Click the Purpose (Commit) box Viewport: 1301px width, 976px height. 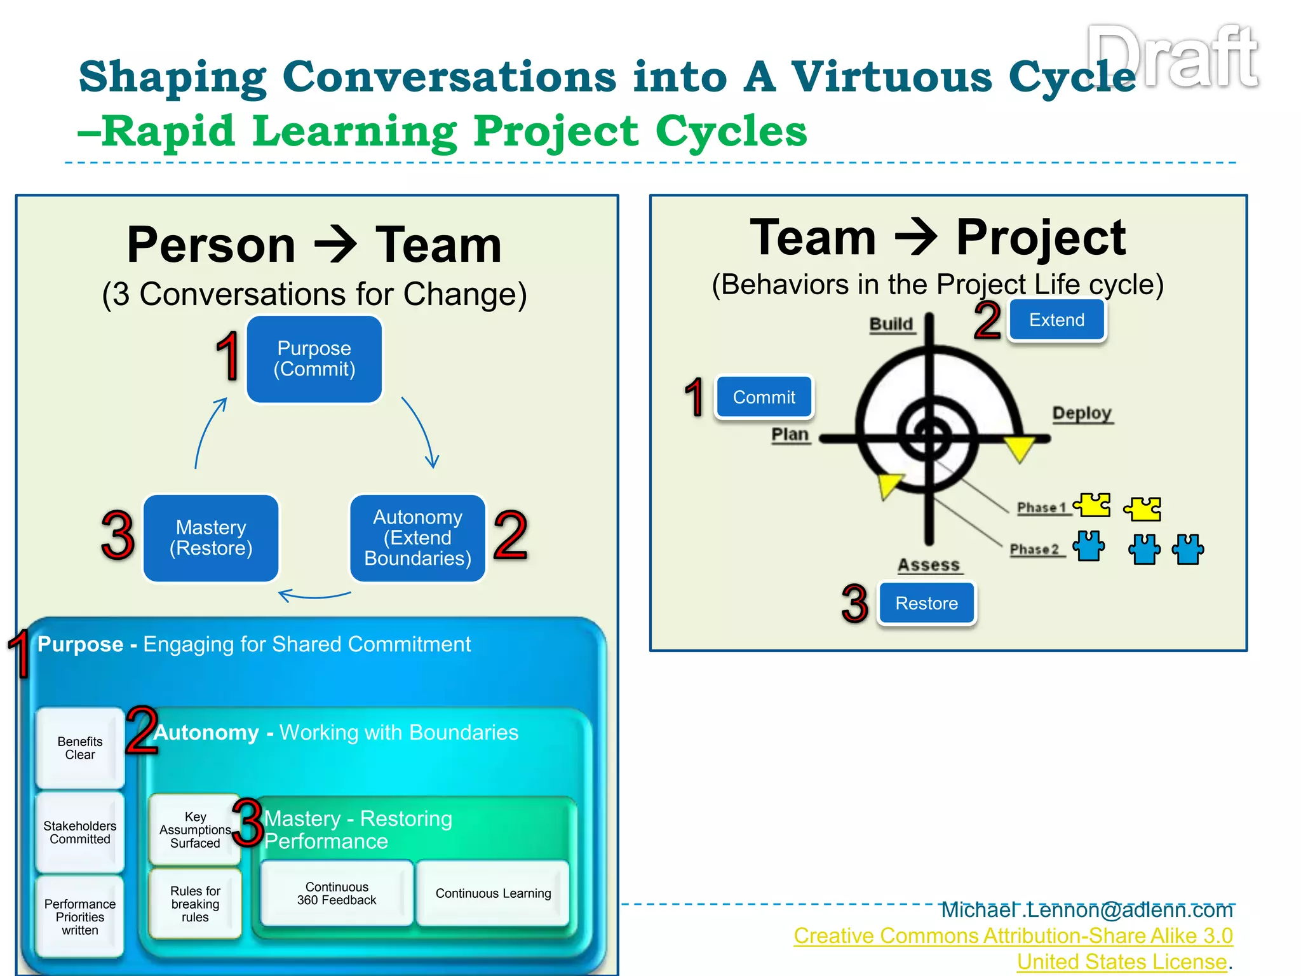(314, 359)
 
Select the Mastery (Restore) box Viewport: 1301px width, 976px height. (211, 538)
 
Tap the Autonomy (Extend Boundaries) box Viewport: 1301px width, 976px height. (417, 538)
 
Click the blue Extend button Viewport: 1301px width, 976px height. (1056, 320)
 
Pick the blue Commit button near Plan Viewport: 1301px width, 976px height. (764, 397)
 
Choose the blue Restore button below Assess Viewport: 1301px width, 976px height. (926, 603)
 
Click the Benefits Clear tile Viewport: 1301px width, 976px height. (80, 748)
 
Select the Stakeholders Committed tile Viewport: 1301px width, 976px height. (80, 832)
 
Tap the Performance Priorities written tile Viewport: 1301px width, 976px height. (80, 917)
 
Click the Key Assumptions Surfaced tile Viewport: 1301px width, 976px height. (195, 830)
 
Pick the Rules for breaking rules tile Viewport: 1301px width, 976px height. (195, 904)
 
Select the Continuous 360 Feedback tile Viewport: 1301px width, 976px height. (337, 893)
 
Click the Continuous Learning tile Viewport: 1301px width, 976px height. (493, 893)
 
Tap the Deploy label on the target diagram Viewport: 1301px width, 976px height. (1082, 414)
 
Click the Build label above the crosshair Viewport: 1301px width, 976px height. (891, 324)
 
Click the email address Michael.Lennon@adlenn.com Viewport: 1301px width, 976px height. (1086, 910)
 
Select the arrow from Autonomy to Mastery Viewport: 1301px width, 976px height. (314, 595)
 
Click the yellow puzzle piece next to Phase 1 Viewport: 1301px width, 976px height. (1093, 506)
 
